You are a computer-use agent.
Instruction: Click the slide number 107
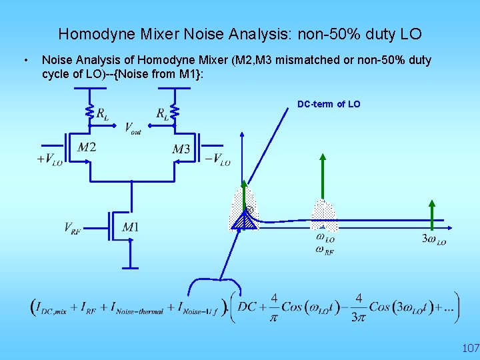click(x=470, y=348)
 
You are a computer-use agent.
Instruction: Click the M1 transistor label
click(x=131, y=227)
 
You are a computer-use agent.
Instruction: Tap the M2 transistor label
click(x=86, y=147)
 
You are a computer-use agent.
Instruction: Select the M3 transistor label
click(x=181, y=149)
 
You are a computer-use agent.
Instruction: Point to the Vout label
click(x=133, y=128)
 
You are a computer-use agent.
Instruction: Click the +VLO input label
click(x=49, y=160)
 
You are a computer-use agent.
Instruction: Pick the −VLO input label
click(x=217, y=160)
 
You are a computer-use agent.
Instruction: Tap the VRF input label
click(x=73, y=229)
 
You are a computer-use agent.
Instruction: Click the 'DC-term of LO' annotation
click(x=329, y=104)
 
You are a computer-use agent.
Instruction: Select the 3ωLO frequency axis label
click(x=434, y=240)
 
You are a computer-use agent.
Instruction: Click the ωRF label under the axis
click(x=325, y=250)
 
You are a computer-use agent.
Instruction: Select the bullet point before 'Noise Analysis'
click(x=25, y=61)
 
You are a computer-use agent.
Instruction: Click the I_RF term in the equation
click(x=89, y=308)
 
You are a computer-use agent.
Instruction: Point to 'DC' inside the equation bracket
click(x=247, y=306)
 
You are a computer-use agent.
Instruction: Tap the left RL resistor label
click(x=102, y=114)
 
